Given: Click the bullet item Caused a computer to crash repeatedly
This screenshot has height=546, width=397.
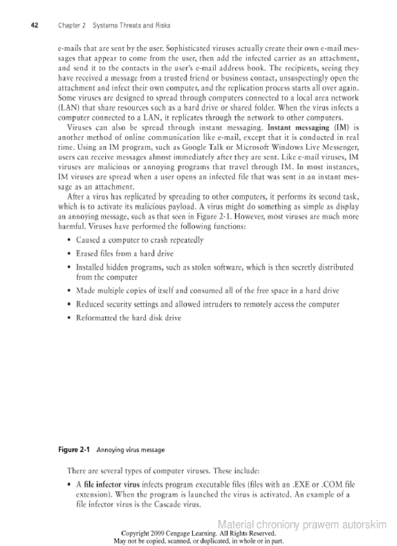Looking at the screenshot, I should (140, 240).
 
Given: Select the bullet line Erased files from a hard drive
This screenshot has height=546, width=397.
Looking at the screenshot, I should (125, 254).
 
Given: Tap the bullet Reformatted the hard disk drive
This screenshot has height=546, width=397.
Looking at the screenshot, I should (128, 318).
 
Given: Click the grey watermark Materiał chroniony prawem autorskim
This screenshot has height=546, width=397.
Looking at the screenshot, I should (302, 525).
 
